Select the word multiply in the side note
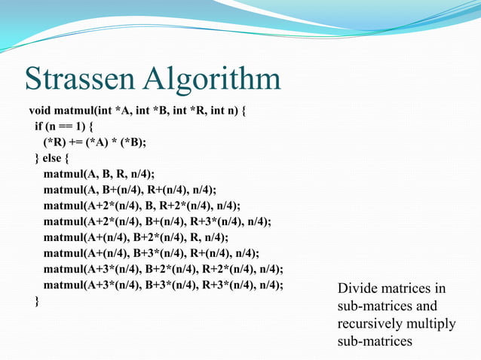(433, 324)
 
